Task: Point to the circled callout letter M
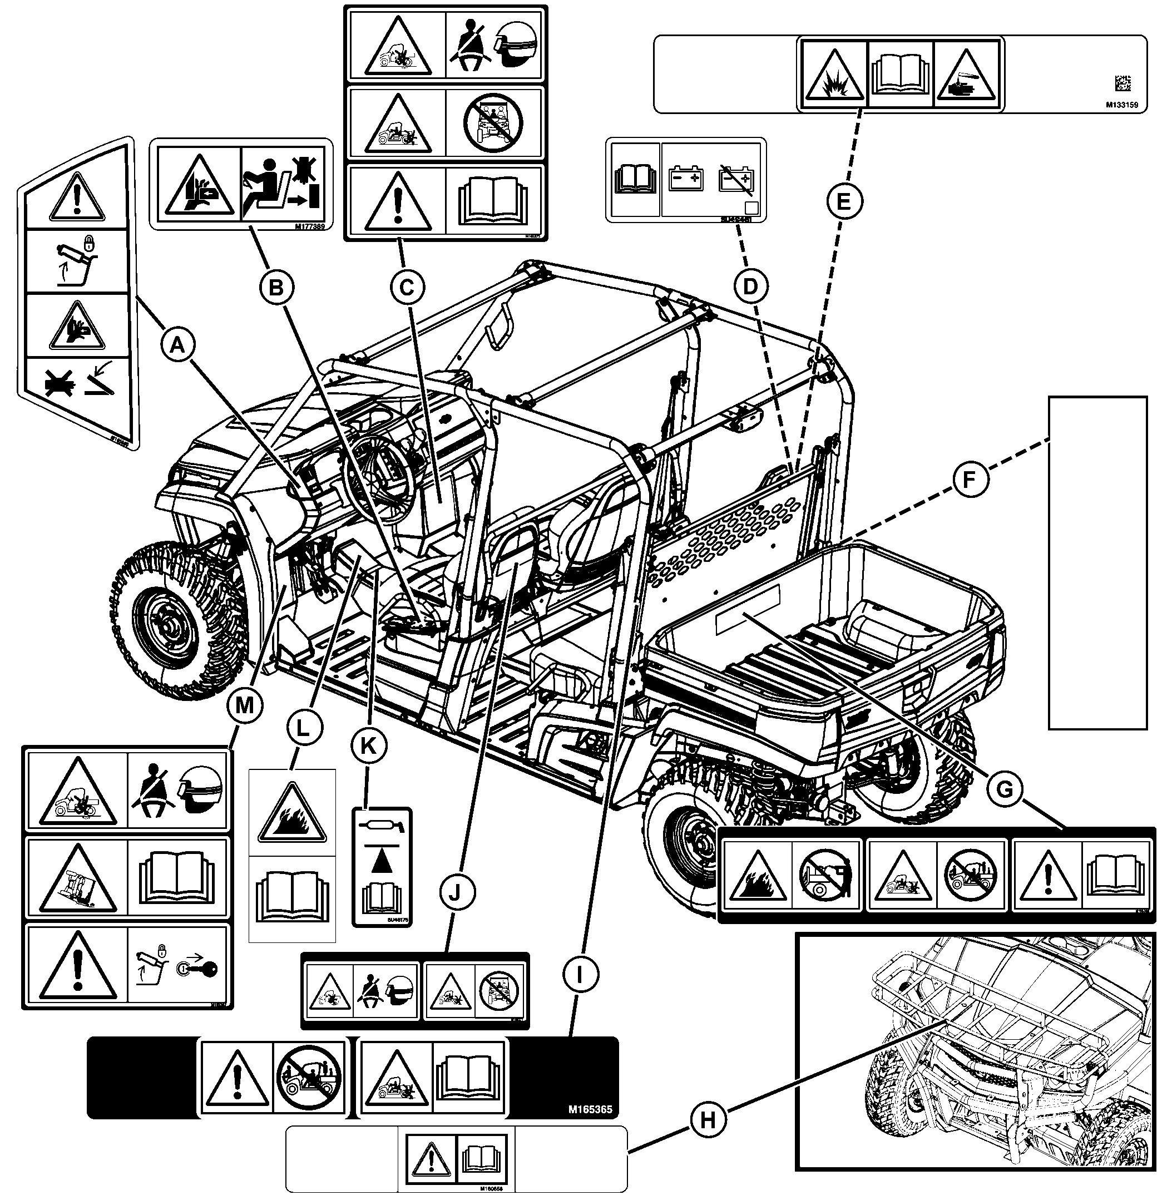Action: point(244,706)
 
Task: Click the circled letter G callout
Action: point(1004,791)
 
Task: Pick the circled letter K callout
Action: point(368,745)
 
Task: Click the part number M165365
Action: point(590,1109)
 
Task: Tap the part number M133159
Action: point(1121,105)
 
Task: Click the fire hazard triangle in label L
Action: point(291,813)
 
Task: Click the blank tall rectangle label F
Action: point(1097,563)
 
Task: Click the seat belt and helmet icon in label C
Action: point(494,44)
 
